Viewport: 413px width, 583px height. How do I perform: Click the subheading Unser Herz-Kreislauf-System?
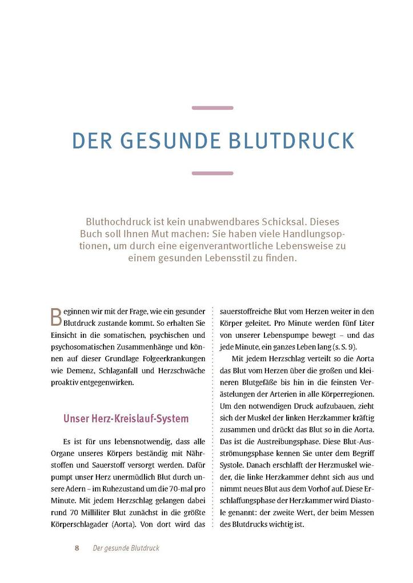click(126, 418)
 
